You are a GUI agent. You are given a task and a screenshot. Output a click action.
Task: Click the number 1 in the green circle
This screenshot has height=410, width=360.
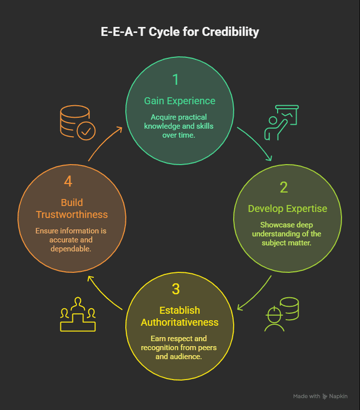click(x=175, y=80)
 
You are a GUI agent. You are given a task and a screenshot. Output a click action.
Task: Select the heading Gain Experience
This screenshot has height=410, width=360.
click(x=180, y=101)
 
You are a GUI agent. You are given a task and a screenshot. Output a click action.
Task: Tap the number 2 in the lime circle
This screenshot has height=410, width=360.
click(x=284, y=188)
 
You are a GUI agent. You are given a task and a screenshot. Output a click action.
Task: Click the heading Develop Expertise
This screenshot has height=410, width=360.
click(x=287, y=208)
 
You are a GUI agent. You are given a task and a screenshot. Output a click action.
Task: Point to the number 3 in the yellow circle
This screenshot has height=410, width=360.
click(x=176, y=289)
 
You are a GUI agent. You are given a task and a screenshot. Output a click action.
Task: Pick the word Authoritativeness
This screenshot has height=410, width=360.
click(x=180, y=322)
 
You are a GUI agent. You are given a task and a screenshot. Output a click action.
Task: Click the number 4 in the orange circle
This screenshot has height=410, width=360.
click(x=68, y=182)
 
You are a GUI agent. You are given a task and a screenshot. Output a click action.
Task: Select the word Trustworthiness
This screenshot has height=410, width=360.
click(x=72, y=214)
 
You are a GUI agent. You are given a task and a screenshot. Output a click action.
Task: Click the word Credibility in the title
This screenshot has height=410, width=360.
click(x=230, y=32)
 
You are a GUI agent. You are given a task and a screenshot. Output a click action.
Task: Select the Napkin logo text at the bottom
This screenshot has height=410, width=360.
click(x=338, y=396)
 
